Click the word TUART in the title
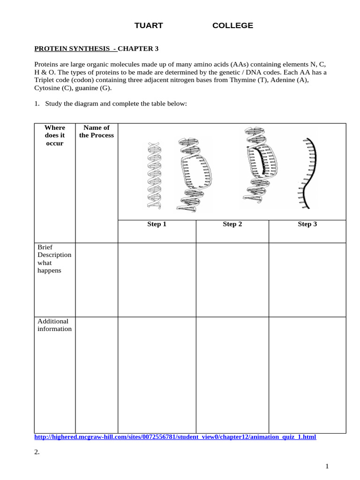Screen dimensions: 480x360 tap(149, 26)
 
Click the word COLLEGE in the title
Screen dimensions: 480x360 tap(232, 26)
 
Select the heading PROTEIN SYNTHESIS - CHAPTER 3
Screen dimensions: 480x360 tap(97, 48)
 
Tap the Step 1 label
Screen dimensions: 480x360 tap(157, 224)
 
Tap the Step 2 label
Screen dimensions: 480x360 tap(232, 224)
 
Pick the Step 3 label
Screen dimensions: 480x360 tap(307, 224)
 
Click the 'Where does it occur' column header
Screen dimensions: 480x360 tap(55, 135)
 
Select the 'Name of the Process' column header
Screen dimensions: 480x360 tap(97, 131)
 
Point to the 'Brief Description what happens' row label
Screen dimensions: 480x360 tap(54, 259)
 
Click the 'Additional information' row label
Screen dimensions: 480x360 tap(54, 325)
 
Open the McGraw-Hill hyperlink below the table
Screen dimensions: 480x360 tap(175, 437)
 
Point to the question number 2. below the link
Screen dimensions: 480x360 tap(37, 452)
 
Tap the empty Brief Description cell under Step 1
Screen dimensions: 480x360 tap(157, 280)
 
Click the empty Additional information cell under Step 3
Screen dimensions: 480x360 tap(307, 375)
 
